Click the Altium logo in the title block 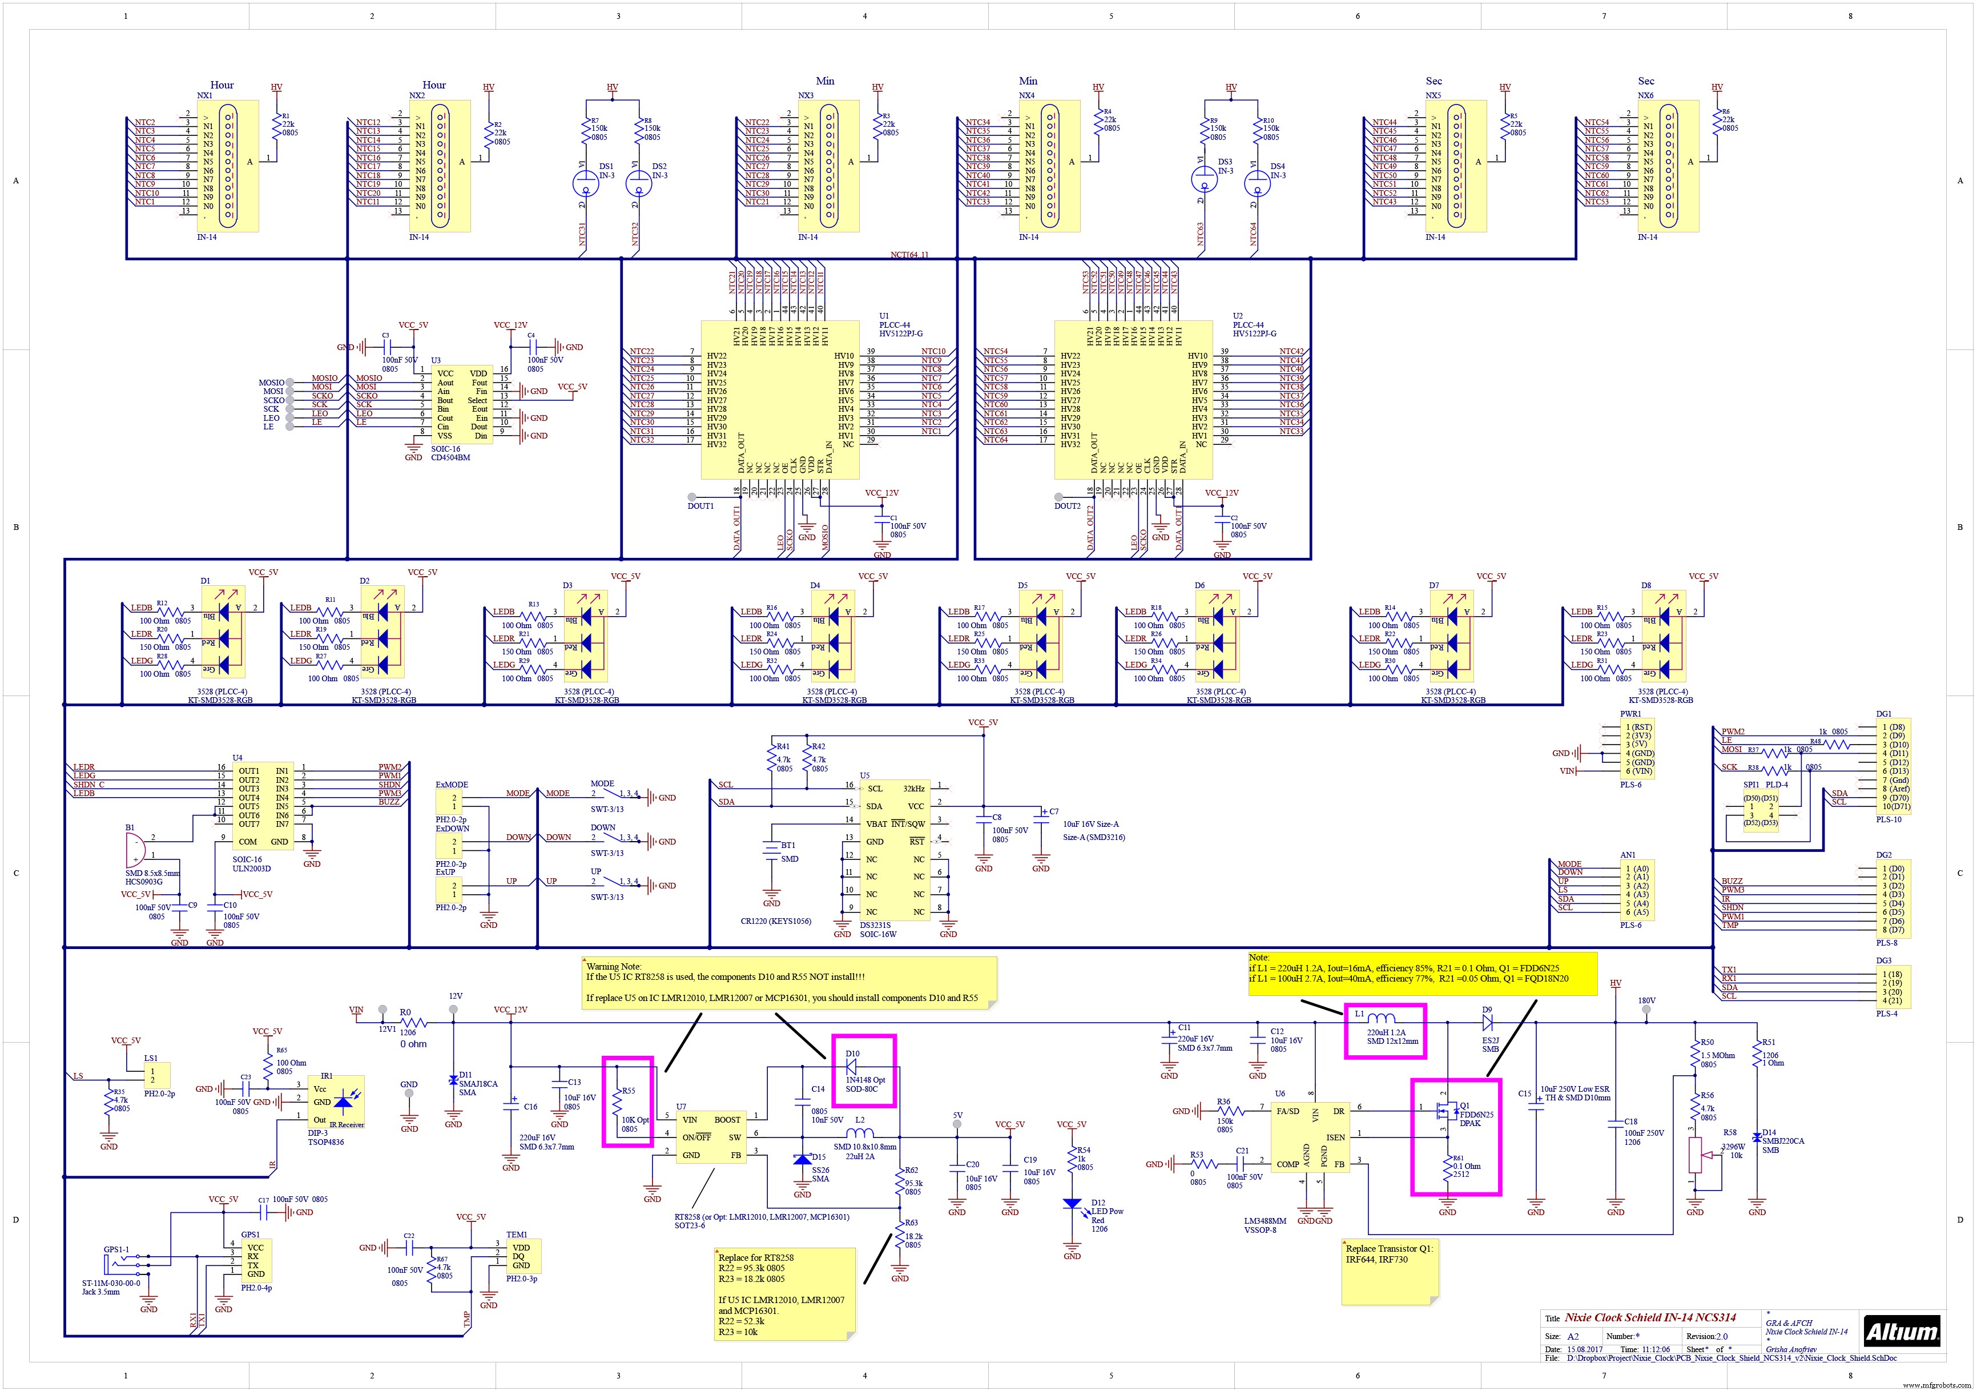[x=1901, y=1332]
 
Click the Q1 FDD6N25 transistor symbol [x=1443, y=1113]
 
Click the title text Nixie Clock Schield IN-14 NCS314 [x=1650, y=1317]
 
